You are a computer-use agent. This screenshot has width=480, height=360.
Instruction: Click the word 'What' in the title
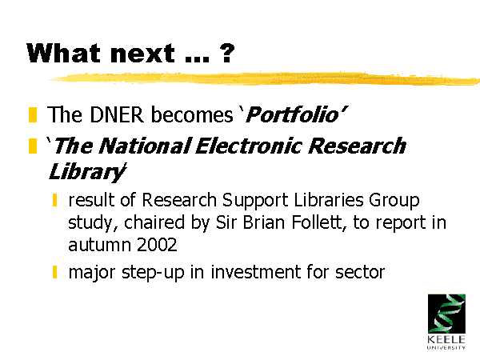63,53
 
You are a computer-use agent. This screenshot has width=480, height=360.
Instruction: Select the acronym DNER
117,114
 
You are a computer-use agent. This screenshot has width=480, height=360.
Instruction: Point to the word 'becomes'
192,114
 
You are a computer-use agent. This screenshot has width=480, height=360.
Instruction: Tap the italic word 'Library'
86,172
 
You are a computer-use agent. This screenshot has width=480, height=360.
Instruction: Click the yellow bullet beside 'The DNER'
33,114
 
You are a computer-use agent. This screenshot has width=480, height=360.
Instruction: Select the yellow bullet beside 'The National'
33,146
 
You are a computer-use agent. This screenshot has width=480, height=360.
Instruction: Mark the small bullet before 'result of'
54,200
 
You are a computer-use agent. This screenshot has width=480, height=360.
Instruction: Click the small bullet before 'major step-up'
54,272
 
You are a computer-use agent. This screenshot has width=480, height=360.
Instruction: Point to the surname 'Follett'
319,222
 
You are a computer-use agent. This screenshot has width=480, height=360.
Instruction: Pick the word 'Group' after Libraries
394,201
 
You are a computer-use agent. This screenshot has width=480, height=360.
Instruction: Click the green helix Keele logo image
446,314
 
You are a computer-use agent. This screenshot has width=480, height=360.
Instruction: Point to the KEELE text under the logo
446,339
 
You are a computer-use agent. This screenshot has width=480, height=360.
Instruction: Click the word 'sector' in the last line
360,272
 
